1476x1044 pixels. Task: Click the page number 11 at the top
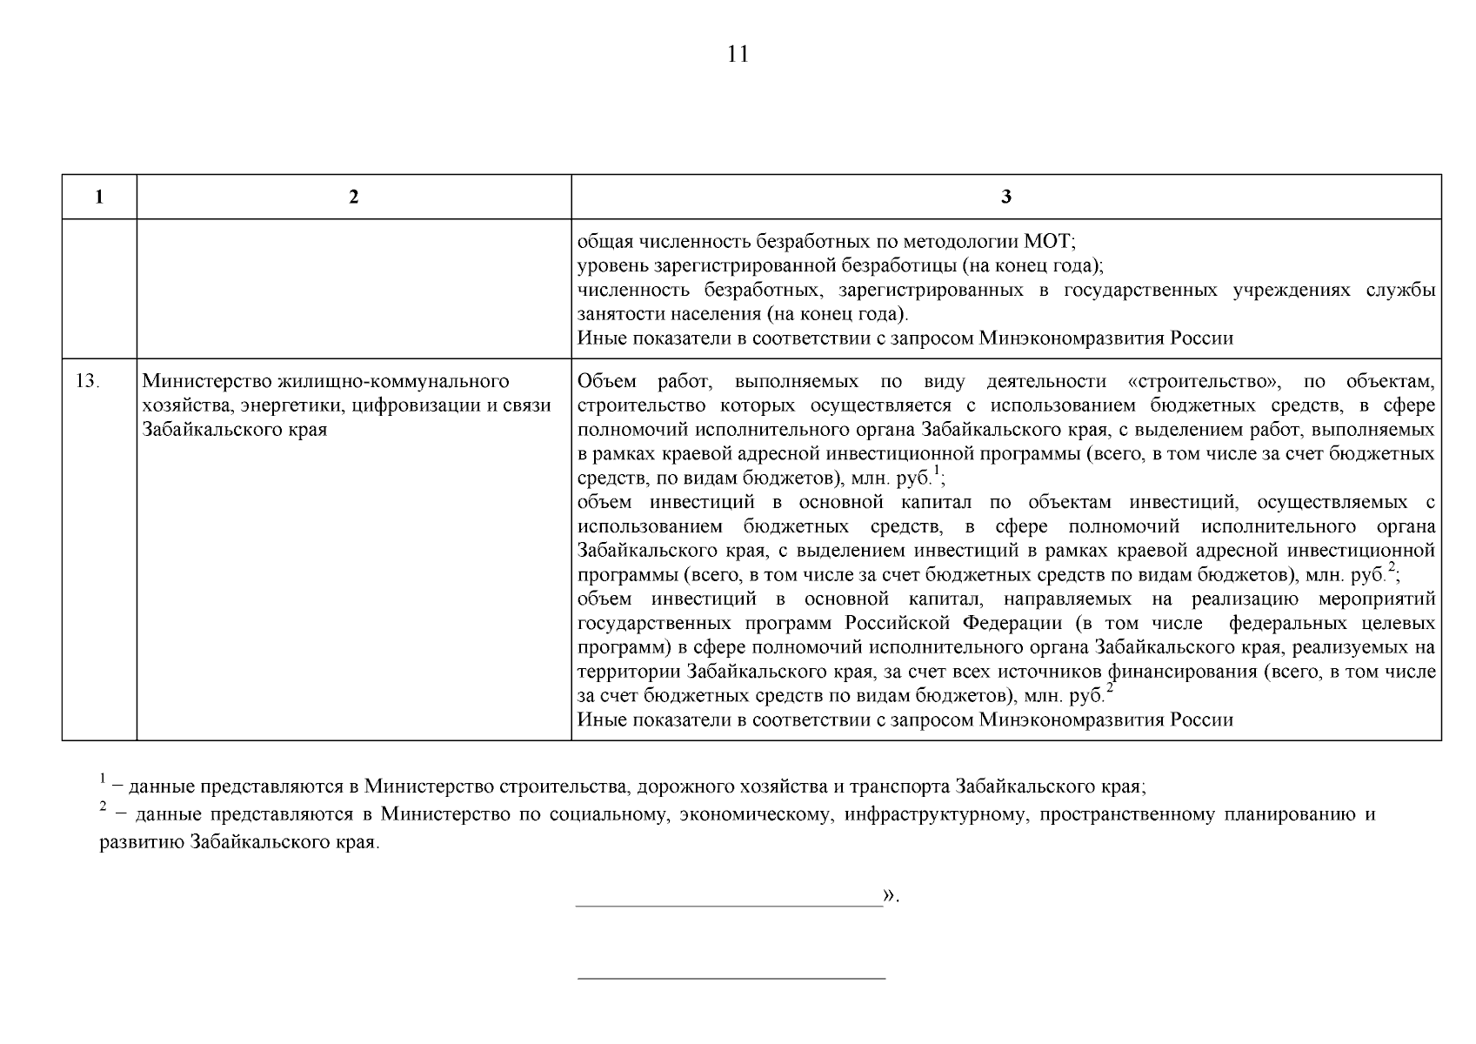click(x=737, y=55)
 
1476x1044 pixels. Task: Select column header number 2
click(x=353, y=197)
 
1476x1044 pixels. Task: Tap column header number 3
click(x=1005, y=197)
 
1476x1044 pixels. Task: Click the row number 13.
click(x=88, y=382)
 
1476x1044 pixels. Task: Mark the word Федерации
click(x=1012, y=624)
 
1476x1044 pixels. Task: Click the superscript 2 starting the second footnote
click(x=102, y=806)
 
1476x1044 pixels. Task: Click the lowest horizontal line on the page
click(x=731, y=979)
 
